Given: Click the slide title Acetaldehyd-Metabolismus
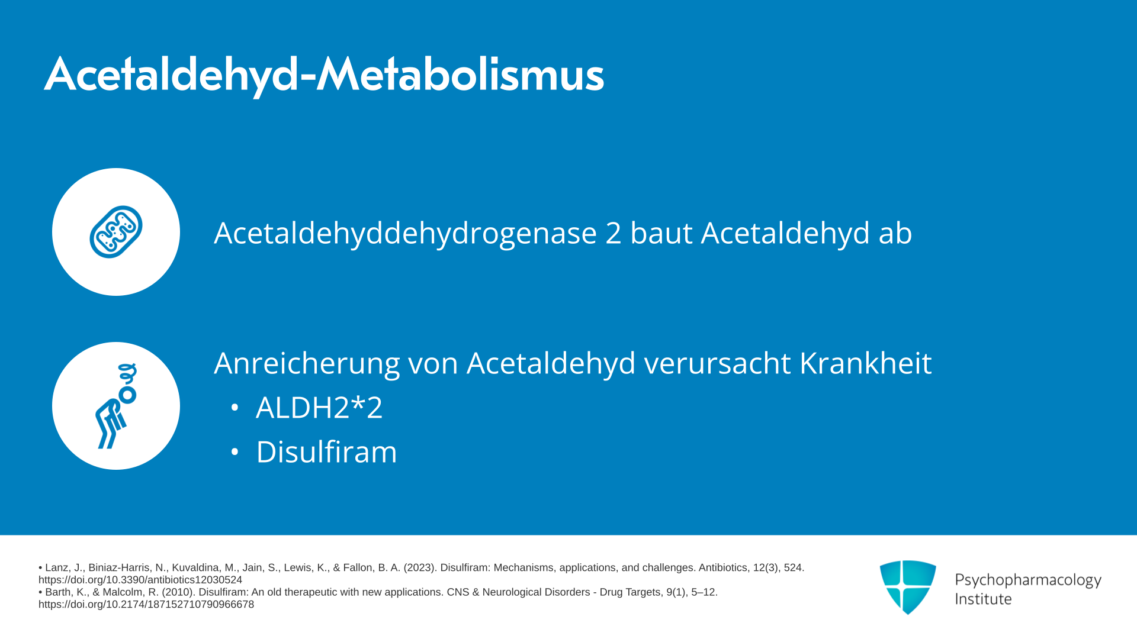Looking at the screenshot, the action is pos(324,75).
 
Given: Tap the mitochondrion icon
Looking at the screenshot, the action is pos(116,232).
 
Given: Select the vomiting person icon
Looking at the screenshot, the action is pos(117,406).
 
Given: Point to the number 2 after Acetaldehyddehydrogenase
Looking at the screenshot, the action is pos(614,233).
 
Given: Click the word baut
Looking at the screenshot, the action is pos(661,233).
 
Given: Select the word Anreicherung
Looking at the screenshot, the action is pos(307,363).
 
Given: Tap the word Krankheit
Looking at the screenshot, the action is pos(866,363).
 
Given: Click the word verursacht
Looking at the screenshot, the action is pos(717,363).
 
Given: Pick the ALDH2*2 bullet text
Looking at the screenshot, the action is pos(319,408).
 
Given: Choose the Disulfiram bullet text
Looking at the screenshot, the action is pos(326,452).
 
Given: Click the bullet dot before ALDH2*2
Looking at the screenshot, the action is pos(235,408).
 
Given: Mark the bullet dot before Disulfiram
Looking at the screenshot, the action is pos(235,452).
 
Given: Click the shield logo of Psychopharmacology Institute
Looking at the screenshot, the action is pos(908,587).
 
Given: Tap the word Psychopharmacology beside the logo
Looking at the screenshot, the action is pos(1028,580).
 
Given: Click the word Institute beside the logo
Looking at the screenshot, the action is pos(983,599).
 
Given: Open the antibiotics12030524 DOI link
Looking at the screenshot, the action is pos(140,580).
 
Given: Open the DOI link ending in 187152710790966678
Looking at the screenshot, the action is pos(146,604).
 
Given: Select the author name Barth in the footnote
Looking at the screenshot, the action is pos(59,592).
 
